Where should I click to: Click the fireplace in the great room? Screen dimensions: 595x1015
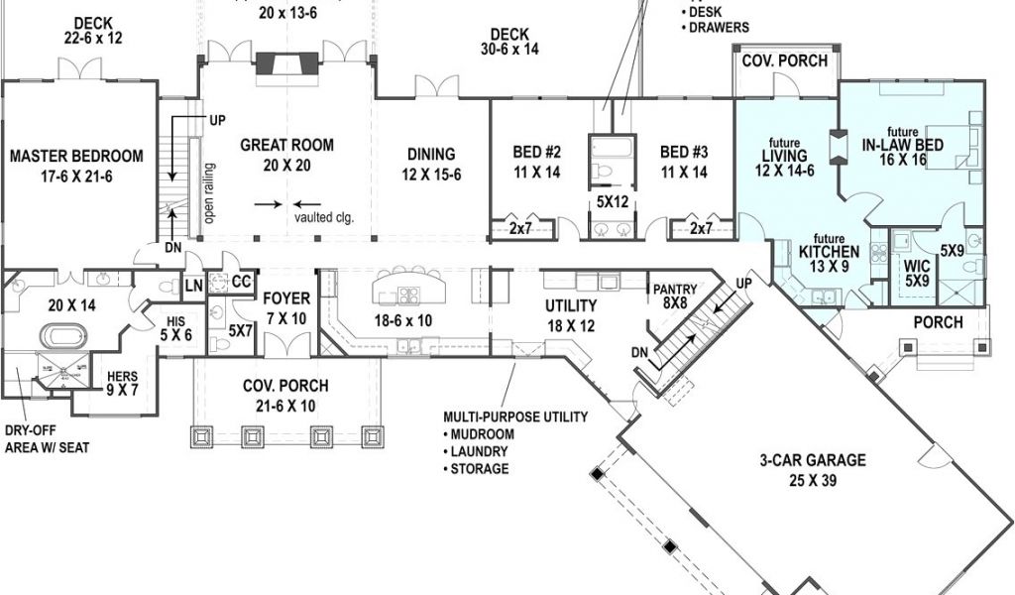(x=279, y=64)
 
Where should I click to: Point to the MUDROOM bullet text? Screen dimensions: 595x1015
(x=485, y=434)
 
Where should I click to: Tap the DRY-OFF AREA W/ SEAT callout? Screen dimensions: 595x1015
(x=47, y=440)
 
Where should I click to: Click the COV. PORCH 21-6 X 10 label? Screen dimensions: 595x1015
(x=285, y=394)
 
